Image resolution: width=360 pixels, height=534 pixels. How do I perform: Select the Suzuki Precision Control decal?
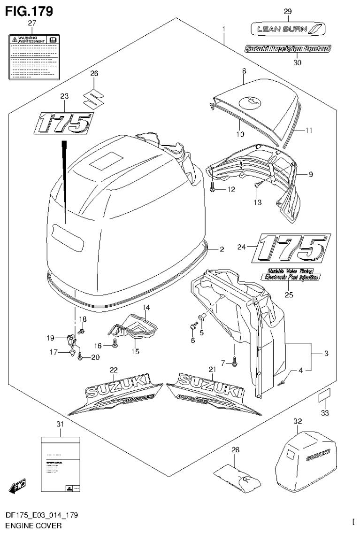287,48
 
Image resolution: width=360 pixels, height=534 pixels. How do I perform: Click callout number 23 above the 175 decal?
64,95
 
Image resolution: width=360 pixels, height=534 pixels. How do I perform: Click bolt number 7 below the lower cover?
234,361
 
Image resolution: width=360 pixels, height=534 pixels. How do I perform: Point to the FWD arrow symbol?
17,485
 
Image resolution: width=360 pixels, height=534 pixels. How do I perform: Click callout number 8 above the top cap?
244,71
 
